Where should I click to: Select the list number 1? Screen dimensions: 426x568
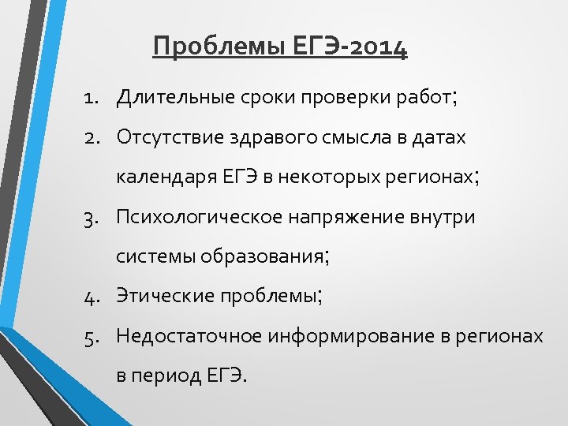92,98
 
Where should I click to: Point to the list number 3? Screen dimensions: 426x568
92,217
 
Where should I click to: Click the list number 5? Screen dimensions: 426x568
92,336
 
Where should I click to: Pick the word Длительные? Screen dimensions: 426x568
172,98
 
